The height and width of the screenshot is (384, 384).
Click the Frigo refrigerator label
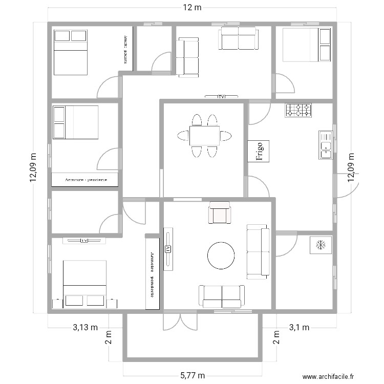tap(259, 152)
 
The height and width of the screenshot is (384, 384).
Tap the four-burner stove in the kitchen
tap(298, 110)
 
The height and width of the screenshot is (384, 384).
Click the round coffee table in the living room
tap(221, 255)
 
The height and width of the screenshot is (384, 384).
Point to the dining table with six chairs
tap(205, 136)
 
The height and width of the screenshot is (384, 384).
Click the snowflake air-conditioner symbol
tap(320, 245)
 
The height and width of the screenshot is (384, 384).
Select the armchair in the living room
tap(219, 212)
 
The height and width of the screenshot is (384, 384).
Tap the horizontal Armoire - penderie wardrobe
tap(85, 180)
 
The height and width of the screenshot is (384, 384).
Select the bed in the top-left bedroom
tap(70, 52)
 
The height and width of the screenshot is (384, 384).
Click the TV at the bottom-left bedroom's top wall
tap(84, 240)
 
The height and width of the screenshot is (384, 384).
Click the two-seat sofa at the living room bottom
tap(221, 296)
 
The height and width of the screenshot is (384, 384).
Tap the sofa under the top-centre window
tap(238, 38)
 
